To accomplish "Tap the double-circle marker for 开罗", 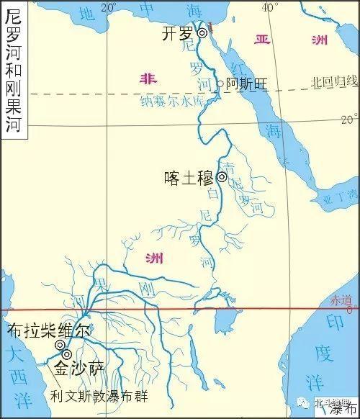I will (202, 33).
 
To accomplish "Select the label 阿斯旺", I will (247, 84).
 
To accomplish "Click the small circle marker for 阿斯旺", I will (220, 84).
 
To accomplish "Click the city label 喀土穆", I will (189, 176).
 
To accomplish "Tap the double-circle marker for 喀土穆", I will (222, 176).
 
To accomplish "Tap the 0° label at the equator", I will (351, 310).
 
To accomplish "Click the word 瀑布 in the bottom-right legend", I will (346, 410).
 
